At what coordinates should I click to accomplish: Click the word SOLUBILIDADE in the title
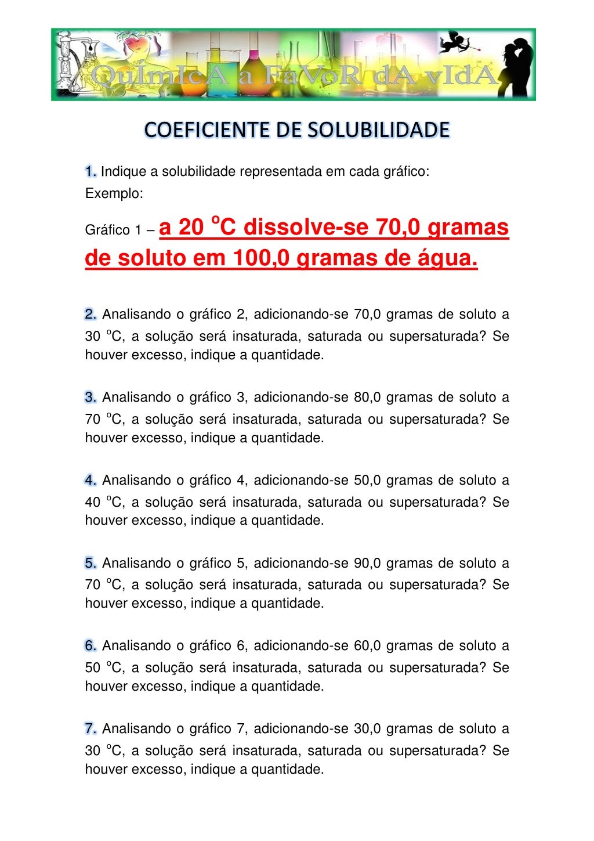point(378,130)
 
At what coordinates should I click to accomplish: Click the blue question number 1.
point(90,172)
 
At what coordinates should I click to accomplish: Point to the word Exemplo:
point(114,194)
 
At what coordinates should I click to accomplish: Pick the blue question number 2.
point(90,315)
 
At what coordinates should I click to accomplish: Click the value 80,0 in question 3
point(367,398)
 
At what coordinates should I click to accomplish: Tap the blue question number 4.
point(90,481)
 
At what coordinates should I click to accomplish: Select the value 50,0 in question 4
point(367,481)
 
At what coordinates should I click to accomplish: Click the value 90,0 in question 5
point(367,564)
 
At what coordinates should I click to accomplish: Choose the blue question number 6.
point(90,646)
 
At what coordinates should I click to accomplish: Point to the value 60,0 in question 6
point(367,646)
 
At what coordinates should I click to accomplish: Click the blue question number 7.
point(90,729)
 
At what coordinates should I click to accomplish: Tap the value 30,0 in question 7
point(367,729)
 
